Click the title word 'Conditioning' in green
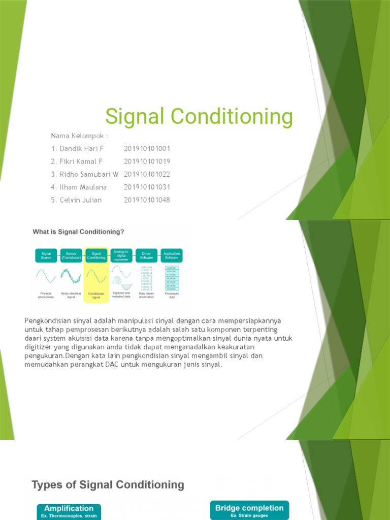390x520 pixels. click(232, 117)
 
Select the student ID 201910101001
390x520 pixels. click(147, 149)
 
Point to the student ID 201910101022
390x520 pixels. click(147, 174)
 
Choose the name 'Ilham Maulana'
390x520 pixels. click(83, 187)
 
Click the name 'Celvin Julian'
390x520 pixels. click(80, 200)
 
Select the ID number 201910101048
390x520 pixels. click(147, 200)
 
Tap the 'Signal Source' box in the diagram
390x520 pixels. click(46, 255)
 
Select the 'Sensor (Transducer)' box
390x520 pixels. click(71, 255)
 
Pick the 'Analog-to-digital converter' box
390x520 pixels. click(121, 255)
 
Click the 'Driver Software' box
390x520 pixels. click(146, 255)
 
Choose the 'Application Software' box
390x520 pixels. click(171, 255)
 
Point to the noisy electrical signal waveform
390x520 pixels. click(71, 276)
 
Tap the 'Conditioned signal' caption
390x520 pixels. click(96, 295)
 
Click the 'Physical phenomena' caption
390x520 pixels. click(46, 295)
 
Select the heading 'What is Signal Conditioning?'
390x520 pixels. click(78, 232)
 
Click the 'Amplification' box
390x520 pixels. click(69, 511)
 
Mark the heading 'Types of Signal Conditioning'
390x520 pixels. click(108, 484)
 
